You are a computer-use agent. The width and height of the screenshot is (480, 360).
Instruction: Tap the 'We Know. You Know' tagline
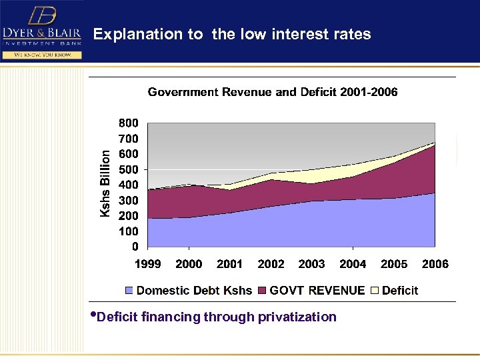click(x=41, y=55)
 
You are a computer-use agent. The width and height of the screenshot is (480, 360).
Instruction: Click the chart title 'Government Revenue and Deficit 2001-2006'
click(x=272, y=92)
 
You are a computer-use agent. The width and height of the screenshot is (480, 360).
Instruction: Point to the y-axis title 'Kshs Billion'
click(x=105, y=182)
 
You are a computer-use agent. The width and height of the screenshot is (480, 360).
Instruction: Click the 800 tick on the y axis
click(x=129, y=123)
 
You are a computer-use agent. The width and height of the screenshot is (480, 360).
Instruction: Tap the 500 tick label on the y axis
click(x=129, y=169)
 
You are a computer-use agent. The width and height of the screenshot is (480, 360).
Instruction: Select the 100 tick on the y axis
click(x=129, y=231)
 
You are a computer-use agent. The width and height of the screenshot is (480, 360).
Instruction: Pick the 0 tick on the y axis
click(x=135, y=247)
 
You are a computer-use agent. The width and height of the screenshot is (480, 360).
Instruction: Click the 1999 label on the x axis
click(x=147, y=264)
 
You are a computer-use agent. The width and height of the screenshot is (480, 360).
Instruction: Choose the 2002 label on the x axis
click(x=271, y=264)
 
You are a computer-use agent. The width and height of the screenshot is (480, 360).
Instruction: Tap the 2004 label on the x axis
click(x=353, y=264)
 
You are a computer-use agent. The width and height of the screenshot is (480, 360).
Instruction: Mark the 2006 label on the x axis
click(x=435, y=264)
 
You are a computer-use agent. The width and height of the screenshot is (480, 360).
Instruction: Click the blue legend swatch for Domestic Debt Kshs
click(x=129, y=291)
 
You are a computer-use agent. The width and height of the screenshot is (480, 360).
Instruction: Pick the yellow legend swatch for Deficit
click(x=375, y=291)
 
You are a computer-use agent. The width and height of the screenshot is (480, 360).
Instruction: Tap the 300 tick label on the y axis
click(x=129, y=201)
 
